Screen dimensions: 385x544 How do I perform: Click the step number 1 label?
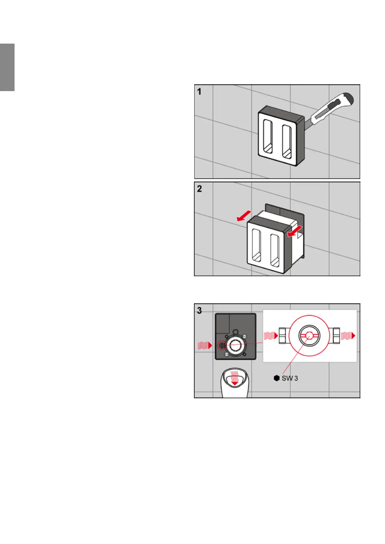(199, 92)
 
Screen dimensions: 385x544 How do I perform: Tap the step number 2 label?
(199, 189)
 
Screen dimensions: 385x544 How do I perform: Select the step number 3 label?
(199, 310)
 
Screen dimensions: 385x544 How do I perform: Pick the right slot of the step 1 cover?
(286, 141)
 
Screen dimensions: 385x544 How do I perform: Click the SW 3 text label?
(290, 378)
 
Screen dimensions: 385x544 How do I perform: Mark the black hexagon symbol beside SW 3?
(276, 378)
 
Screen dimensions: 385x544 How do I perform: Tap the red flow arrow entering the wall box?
(205, 346)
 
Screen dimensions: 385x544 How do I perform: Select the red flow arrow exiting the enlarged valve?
(348, 336)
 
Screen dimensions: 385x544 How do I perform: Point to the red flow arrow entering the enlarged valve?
(271, 336)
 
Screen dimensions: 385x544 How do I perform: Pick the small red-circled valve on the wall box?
(222, 345)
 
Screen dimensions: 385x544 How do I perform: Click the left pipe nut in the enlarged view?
(283, 336)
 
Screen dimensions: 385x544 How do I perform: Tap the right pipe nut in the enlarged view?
(335, 336)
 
